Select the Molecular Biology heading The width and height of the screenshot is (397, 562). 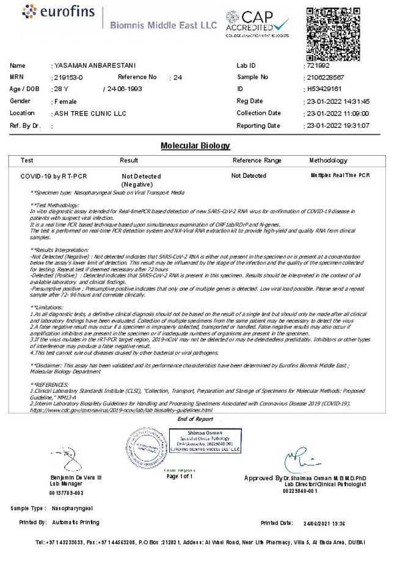[195, 146]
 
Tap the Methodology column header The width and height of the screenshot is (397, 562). [328, 161]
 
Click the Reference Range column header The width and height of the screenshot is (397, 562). [257, 161]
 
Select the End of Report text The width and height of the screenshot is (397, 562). [195, 419]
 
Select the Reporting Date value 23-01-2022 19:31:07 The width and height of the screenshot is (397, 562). [346, 125]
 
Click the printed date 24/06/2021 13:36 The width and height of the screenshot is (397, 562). [324, 523]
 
